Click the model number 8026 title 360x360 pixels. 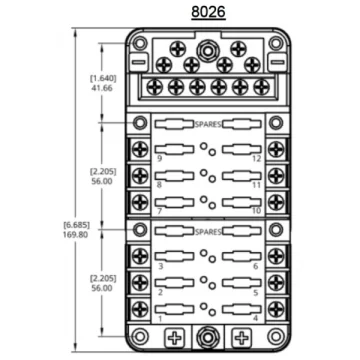coord(208,12)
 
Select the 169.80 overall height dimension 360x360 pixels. coord(75,235)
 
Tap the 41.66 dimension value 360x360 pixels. coord(101,88)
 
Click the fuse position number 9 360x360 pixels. coord(159,159)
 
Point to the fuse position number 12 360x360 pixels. coord(256,159)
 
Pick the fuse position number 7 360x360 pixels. coord(159,211)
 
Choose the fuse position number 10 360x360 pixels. coord(256,211)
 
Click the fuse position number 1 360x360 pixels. coord(160,319)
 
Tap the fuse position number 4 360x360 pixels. coord(256,318)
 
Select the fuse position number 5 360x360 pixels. coord(256,293)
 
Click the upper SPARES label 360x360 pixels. coord(208,125)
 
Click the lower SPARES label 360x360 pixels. coord(208,232)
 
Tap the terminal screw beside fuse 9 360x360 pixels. coord(140,149)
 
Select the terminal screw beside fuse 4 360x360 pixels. coord(276,309)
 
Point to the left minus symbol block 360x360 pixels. coord(138,62)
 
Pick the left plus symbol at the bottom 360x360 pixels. coord(174,338)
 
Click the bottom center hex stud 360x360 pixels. coord(208,337)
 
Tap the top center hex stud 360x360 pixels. coord(207,51)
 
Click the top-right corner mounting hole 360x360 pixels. coord(276,43)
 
